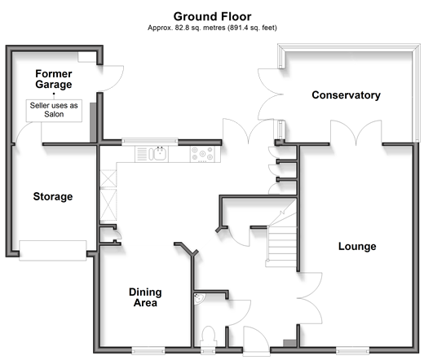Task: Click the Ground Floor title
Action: (212, 16)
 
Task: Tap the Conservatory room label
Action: (346, 95)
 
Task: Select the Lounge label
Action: (357, 246)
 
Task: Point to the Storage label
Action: (53, 196)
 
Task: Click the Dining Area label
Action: (145, 297)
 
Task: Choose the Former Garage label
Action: (54, 79)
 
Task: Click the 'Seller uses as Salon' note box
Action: (54, 110)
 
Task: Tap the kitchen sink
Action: (158, 154)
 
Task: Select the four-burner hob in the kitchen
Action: (202, 154)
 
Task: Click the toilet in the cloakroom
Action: (209, 336)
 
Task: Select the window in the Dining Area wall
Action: (148, 351)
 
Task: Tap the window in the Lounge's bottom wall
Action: (352, 351)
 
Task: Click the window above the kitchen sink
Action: (150, 142)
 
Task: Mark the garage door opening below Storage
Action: (53, 251)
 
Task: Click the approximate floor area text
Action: (212, 28)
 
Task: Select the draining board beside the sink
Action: (142, 154)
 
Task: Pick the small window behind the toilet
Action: (208, 351)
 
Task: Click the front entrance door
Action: (257, 340)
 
